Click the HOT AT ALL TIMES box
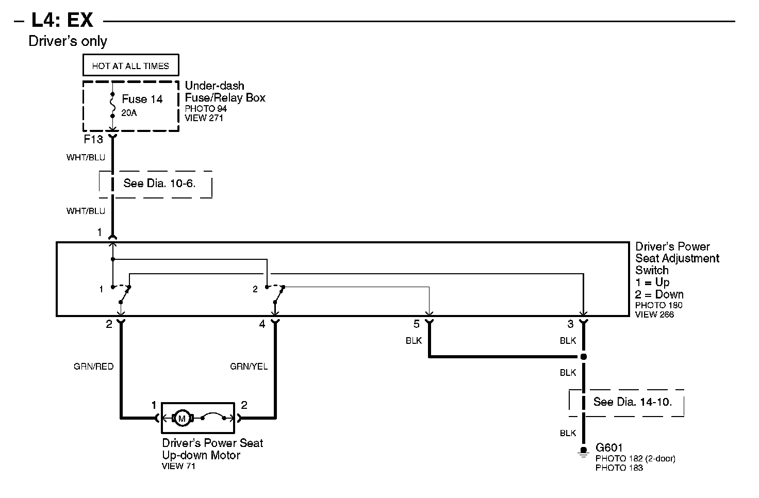[x=130, y=66]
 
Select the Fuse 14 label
[x=142, y=99]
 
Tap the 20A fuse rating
[x=129, y=113]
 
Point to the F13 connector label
[x=93, y=139]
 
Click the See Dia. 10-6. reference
[x=159, y=183]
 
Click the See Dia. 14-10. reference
[x=633, y=402]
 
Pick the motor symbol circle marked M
[x=181, y=418]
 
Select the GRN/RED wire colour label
[x=93, y=367]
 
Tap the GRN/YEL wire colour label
[x=249, y=367]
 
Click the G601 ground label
[x=609, y=448]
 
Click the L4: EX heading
[x=62, y=20]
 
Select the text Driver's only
[x=68, y=41]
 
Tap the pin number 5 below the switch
[x=417, y=324]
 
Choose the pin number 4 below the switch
[x=262, y=324]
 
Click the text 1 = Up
[x=652, y=283]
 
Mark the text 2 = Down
[x=659, y=294]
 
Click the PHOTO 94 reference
[x=206, y=109]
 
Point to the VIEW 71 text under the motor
[x=178, y=466]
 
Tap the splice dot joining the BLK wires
[x=584, y=356]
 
